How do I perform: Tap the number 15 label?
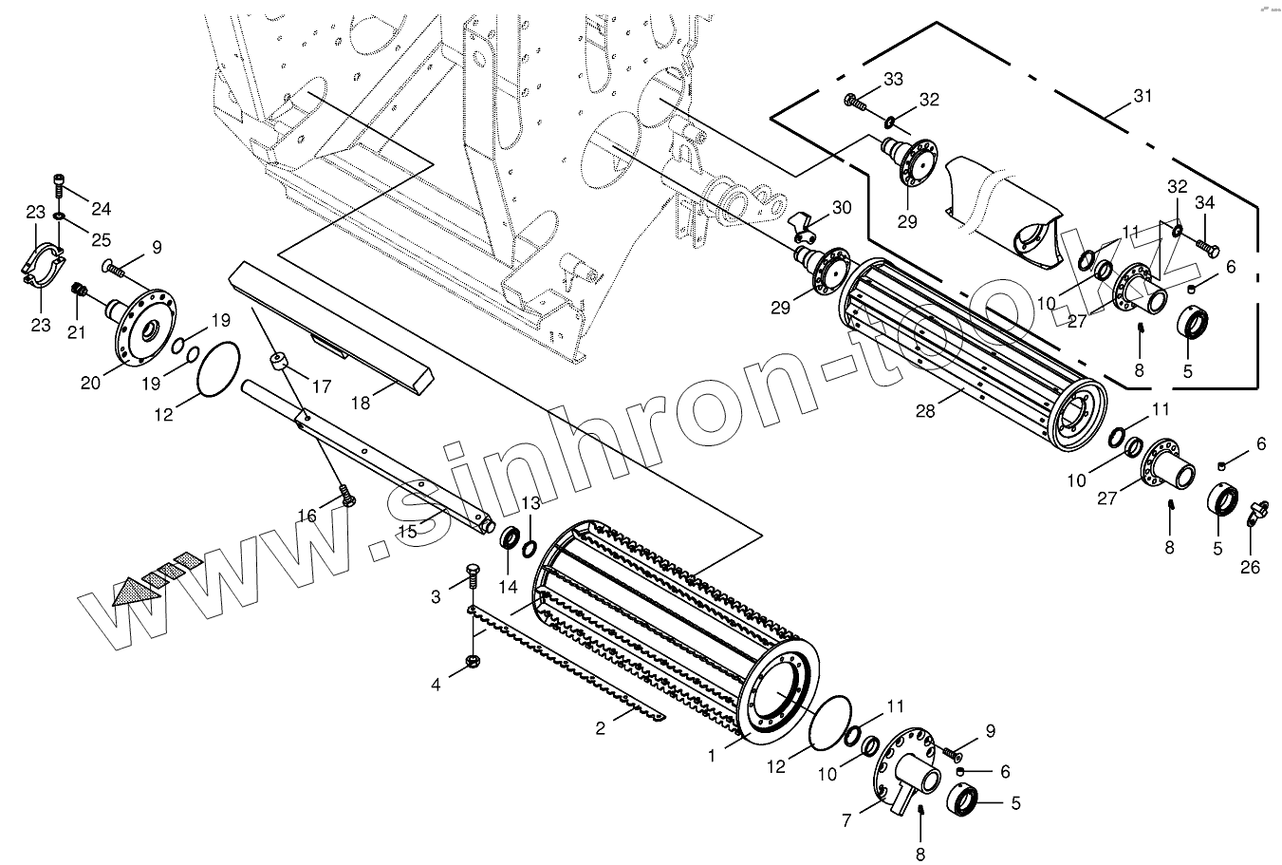point(407,531)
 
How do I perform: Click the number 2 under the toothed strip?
point(600,728)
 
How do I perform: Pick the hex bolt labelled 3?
point(473,574)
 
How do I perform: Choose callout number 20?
point(90,383)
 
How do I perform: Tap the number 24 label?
point(102,208)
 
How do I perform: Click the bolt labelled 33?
point(851,100)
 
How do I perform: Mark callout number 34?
point(1204,202)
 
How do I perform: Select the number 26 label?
point(1250,567)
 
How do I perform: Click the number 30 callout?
point(842,207)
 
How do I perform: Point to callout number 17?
point(322,386)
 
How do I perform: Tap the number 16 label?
point(307,516)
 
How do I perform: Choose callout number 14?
point(509,586)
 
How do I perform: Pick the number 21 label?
point(77,331)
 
